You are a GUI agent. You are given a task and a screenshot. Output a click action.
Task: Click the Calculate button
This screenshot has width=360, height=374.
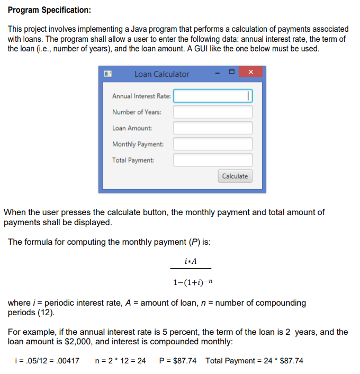tap(235, 176)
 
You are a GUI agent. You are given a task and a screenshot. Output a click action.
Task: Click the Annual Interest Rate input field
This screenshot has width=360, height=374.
tap(213, 96)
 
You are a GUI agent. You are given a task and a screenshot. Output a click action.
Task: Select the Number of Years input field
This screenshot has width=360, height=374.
tap(213, 112)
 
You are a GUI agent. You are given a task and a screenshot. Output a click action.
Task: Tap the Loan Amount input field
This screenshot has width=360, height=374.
tap(213, 128)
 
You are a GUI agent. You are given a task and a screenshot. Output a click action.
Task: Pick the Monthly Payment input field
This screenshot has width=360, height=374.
tap(213, 144)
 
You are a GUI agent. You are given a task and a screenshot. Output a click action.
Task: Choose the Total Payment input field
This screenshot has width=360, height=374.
tap(213, 160)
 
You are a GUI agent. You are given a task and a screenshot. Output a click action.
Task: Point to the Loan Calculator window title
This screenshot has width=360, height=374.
tap(161, 74)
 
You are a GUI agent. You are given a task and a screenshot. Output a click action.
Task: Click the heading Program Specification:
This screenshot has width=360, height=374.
tap(49, 10)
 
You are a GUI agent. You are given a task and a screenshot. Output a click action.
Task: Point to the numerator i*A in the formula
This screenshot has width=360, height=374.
tap(191, 262)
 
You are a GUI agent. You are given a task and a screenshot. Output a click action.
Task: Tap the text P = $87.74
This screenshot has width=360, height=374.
tap(177, 361)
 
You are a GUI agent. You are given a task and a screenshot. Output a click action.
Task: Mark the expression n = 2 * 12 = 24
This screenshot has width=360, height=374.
tap(120, 361)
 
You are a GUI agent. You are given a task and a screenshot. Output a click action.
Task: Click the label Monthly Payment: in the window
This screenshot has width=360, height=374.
tap(138, 144)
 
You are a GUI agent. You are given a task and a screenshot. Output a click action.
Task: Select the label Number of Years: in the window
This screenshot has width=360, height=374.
tap(137, 112)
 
